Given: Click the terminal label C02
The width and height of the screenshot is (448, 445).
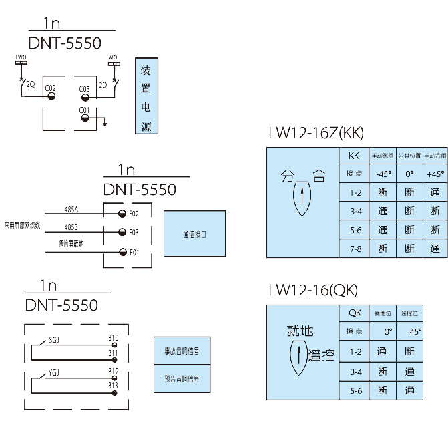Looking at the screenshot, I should tap(50, 88).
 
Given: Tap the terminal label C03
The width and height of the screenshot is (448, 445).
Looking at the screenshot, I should tap(85, 89).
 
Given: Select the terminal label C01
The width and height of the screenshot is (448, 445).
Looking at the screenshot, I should tap(84, 110).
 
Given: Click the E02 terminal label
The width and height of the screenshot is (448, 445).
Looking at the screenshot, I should tap(134, 214).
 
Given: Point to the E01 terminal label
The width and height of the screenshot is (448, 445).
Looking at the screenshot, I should tap(134, 252).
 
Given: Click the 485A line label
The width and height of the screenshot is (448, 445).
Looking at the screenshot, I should tap(71, 209).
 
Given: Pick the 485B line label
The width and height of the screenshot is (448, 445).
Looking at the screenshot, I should tap(71, 227).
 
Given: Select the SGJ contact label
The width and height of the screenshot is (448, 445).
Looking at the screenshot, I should tap(54, 341).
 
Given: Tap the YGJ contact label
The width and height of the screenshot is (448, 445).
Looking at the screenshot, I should tap(54, 375).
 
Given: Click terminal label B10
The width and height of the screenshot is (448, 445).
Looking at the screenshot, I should tap(114, 337).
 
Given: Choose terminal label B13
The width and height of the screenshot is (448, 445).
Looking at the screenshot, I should tap(114, 386).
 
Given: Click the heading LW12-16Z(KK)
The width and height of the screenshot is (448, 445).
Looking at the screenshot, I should tap(316, 133).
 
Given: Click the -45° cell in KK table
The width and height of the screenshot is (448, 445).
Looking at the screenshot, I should tap(383, 174).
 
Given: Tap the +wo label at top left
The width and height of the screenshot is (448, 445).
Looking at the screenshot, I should tap(21, 57).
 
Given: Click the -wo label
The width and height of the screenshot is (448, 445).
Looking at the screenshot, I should tap(112, 57).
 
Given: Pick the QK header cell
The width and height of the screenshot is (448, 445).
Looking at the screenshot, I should tap(355, 313).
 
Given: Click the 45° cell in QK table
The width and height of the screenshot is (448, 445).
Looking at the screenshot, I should tap(415, 331).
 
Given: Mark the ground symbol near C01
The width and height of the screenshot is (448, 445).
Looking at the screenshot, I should tap(105, 124).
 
